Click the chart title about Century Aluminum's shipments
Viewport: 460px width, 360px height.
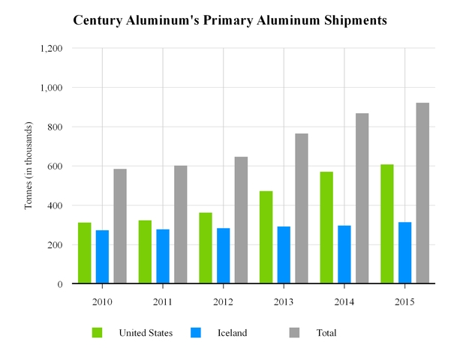coord(230,21)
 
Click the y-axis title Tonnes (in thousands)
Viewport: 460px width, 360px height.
coord(29,166)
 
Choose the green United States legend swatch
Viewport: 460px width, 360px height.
coord(98,332)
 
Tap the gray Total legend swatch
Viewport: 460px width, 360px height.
coord(296,332)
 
